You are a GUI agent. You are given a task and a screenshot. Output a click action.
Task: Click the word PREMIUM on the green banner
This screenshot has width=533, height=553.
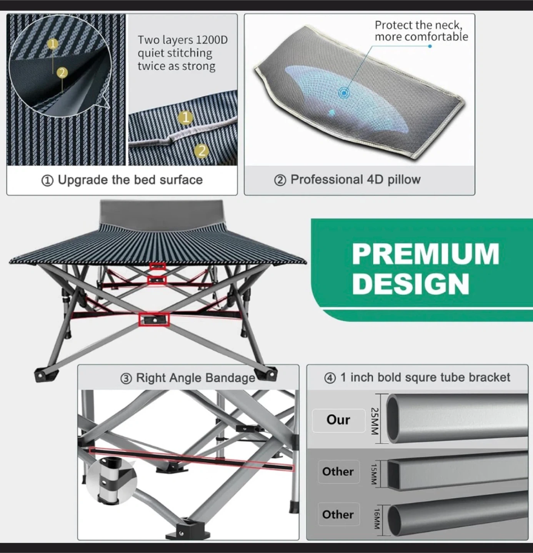pyautogui.click(x=425, y=254)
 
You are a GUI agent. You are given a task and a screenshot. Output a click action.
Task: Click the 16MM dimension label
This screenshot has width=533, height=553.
pyautogui.click(x=376, y=518)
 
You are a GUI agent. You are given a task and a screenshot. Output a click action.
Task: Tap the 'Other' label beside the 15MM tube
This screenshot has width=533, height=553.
pyautogui.click(x=338, y=472)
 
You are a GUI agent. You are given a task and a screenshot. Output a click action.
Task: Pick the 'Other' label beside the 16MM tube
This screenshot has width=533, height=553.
pyautogui.click(x=338, y=514)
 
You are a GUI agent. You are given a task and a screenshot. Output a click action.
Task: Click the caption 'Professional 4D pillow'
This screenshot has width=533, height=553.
pyautogui.click(x=355, y=180)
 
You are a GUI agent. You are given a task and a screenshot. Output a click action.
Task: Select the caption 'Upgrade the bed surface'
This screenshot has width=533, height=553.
pyautogui.click(x=130, y=180)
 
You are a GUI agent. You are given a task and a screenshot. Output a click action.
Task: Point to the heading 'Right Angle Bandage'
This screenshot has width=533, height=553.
pyautogui.click(x=195, y=378)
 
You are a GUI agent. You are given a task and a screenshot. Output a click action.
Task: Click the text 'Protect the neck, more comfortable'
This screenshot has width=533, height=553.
pyautogui.click(x=421, y=31)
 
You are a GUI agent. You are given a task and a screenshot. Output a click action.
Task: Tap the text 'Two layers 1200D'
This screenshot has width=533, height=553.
pyautogui.click(x=183, y=40)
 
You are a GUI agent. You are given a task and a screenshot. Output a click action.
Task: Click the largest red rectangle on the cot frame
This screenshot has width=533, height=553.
pyautogui.click(x=154, y=320)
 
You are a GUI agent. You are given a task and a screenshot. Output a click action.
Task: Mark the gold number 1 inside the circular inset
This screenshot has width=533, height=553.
pyautogui.click(x=52, y=44)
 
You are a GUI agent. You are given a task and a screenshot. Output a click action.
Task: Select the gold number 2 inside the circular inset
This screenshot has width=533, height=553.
pyautogui.click(x=62, y=73)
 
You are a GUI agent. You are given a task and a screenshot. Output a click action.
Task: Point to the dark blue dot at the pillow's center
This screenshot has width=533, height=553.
pyautogui.click(x=344, y=93)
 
